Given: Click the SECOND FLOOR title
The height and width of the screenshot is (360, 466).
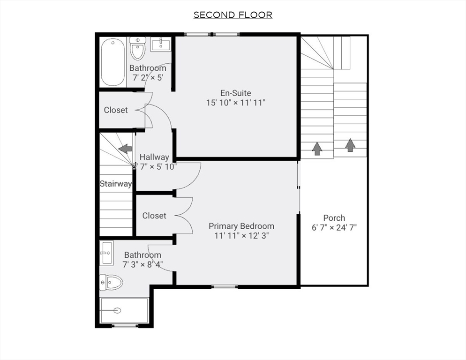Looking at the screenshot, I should tap(233, 15).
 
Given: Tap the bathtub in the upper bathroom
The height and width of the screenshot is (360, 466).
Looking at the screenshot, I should tap(113, 62).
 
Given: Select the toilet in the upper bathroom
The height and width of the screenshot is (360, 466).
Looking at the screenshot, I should tap(137, 48).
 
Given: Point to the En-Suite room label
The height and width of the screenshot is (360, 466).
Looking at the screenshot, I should tap(235, 93).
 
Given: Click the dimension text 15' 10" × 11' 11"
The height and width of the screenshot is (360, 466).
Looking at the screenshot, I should tap(235, 103).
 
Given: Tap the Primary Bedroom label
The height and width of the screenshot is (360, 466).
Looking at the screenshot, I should tap(241, 226).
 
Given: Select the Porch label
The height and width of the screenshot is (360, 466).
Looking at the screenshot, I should tap(334, 217).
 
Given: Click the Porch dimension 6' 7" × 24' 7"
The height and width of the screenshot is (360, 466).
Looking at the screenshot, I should tap(334, 228).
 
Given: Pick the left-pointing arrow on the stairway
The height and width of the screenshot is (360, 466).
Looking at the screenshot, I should tap(125, 149).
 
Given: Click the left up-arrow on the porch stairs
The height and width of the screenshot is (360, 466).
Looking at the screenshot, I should tap(317, 149).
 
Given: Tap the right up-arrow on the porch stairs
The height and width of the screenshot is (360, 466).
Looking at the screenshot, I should tap(350, 145).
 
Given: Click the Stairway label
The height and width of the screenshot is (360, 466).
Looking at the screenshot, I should tap(115, 184).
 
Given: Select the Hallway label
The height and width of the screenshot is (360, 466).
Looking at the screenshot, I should tap(154, 157).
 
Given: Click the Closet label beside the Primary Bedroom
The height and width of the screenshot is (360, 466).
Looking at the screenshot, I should tap(154, 216).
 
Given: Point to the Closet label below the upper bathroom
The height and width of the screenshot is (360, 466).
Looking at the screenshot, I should tap(115, 110).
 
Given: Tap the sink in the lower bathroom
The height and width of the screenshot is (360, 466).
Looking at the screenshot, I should tap(106, 253).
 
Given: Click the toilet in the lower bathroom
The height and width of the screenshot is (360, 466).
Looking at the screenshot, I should tap(111, 282).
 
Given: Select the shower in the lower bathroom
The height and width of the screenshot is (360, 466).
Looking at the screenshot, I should tap(124, 310).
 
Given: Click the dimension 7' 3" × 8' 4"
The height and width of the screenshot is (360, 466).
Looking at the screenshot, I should tap(143, 265).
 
